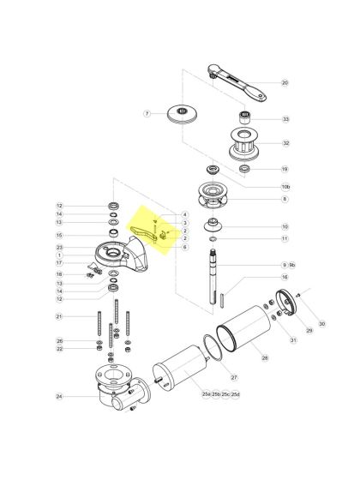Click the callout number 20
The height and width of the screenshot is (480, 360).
(x=285, y=83)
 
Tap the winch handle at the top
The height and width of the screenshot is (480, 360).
(x=235, y=79)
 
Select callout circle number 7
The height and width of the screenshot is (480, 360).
(x=147, y=113)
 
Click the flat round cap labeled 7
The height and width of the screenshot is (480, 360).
(x=183, y=112)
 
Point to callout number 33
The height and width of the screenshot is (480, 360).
(x=285, y=119)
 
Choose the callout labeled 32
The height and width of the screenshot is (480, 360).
(x=285, y=144)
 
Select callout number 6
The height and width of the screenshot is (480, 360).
(x=184, y=247)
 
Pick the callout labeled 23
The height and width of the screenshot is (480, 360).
(x=60, y=247)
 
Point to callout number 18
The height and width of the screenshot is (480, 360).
(x=60, y=273)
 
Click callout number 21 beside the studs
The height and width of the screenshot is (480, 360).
(x=60, y=317)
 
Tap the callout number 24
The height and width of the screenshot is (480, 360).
(x=60, y=397)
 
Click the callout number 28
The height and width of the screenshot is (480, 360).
(x=265, y=357)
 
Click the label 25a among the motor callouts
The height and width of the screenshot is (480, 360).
(x=206, y=393)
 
